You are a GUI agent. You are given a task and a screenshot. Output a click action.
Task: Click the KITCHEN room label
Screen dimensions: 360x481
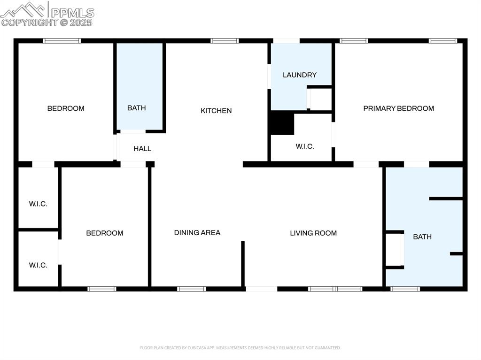(x=216, y=111)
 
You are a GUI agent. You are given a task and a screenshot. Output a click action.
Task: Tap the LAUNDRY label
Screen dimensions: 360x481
(x=300, y=75)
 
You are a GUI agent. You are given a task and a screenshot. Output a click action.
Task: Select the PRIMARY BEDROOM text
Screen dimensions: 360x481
(x=398, y=108)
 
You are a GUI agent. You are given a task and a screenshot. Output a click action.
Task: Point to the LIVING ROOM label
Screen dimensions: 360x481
(x=313, y=233)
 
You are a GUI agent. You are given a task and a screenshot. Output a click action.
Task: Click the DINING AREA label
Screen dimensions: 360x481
(x=197, y=232)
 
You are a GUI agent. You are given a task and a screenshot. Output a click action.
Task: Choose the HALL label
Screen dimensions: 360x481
(x=142, y=149)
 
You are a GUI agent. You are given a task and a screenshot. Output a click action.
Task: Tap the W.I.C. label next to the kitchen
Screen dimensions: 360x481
(x=305, y=146)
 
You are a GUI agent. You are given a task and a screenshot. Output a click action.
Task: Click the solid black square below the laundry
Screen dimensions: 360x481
(x=282, y=123)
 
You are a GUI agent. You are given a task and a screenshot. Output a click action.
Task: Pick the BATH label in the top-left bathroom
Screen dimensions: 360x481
(x=137, y=108)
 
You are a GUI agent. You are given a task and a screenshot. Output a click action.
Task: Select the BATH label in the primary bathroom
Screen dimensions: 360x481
(x=422, y=237)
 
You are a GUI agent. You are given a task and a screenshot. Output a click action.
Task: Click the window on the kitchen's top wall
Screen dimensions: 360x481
(x=225, y=41)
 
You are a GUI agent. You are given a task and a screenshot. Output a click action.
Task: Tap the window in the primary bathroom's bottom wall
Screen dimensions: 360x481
(x=405, y=289)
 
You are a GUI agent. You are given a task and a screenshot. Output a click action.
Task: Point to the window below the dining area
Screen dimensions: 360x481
(x=192, y=289)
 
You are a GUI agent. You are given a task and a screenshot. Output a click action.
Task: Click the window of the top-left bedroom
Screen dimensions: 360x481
(x=62, y=41)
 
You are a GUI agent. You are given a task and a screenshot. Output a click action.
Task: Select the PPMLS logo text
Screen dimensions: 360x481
(x=72, y=12)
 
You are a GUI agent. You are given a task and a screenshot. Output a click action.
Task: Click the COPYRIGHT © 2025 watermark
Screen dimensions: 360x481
(x=47, y=22)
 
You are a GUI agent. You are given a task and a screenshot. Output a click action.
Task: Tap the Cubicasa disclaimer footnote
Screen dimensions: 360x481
(x=240, y=348)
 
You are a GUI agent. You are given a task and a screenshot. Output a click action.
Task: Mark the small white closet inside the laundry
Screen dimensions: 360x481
(x=321, y=99)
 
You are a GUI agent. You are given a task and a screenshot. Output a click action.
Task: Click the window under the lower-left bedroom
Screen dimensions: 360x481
(x=102, y=289)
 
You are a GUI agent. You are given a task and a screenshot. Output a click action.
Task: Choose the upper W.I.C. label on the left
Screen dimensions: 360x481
(x=38, y=204)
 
